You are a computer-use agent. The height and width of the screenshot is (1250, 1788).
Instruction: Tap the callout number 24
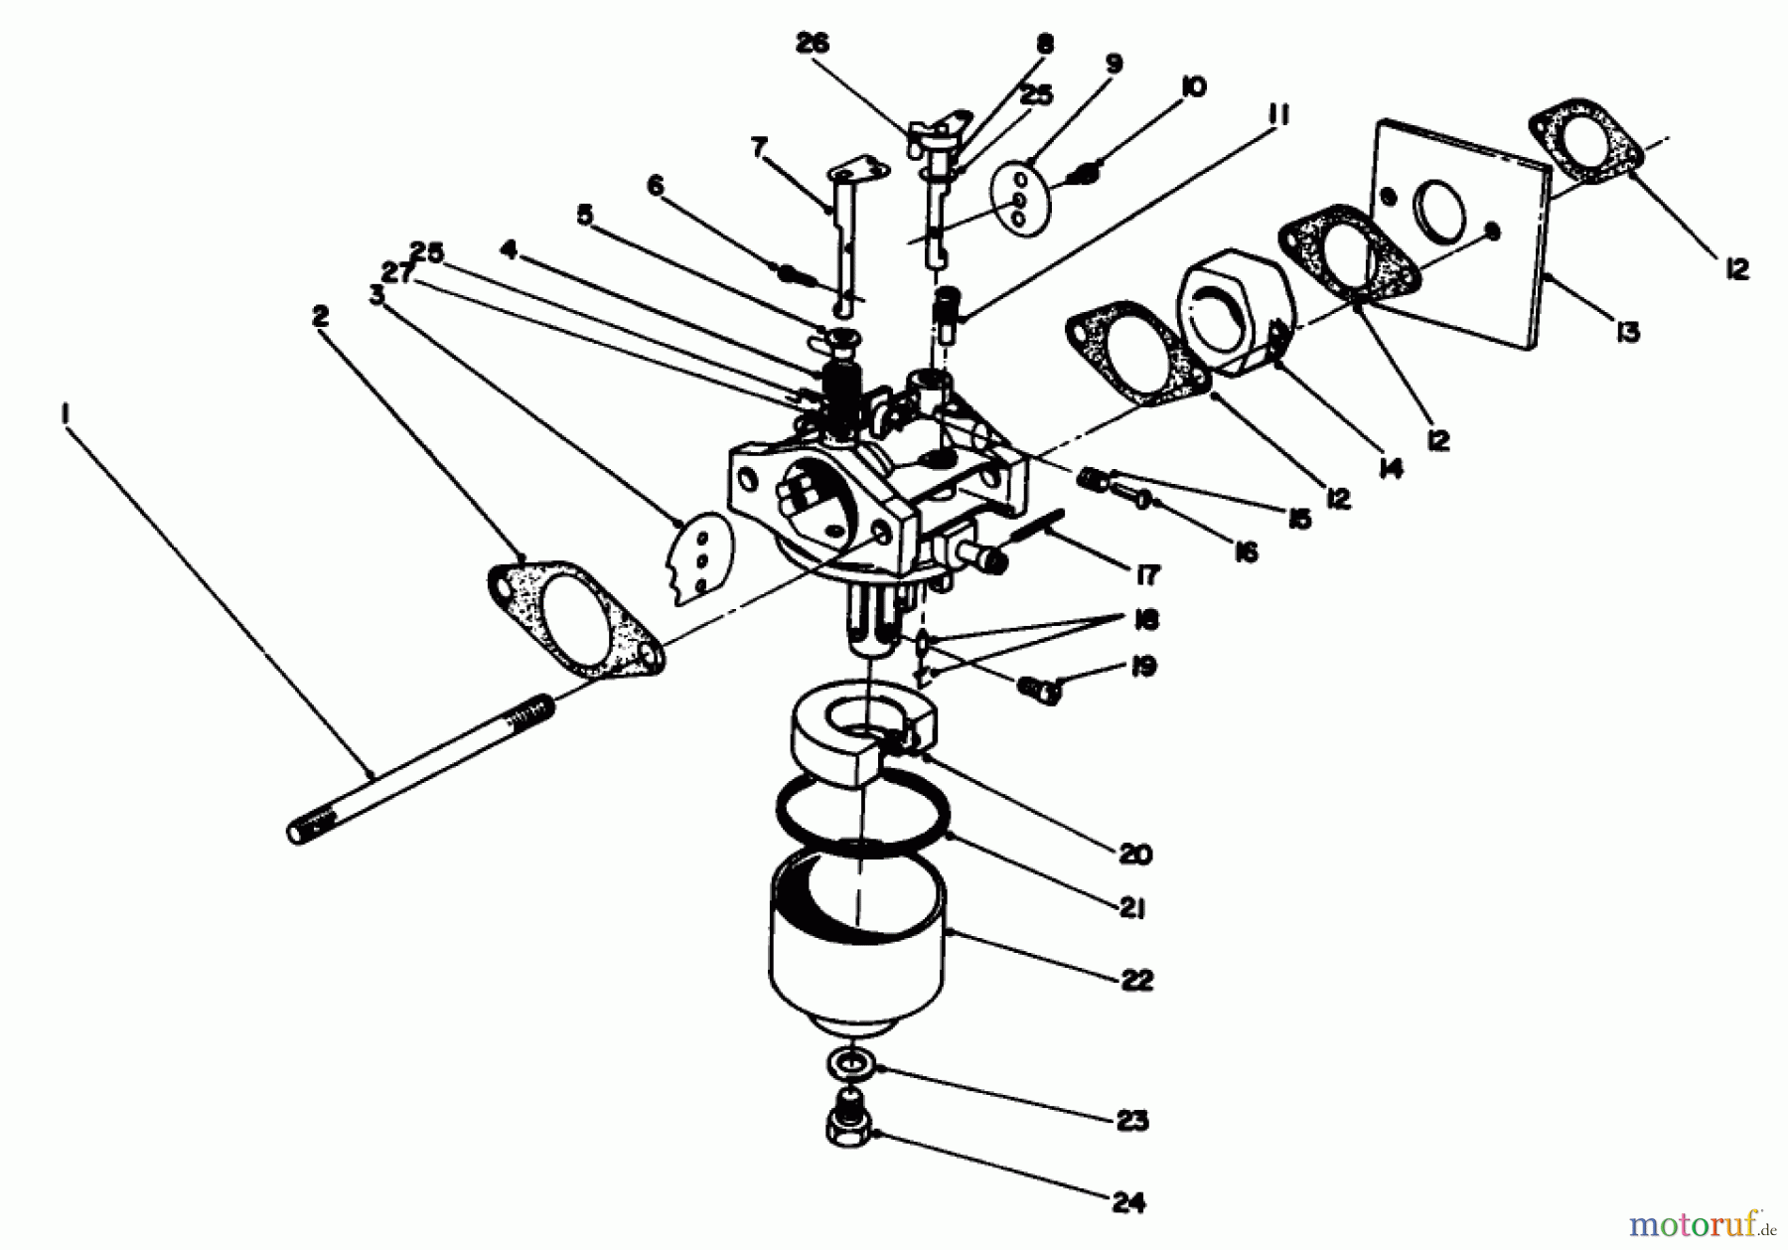1128,1203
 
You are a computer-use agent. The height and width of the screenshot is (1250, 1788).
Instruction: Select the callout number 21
1133,909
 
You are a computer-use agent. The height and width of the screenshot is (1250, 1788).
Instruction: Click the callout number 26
812,44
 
